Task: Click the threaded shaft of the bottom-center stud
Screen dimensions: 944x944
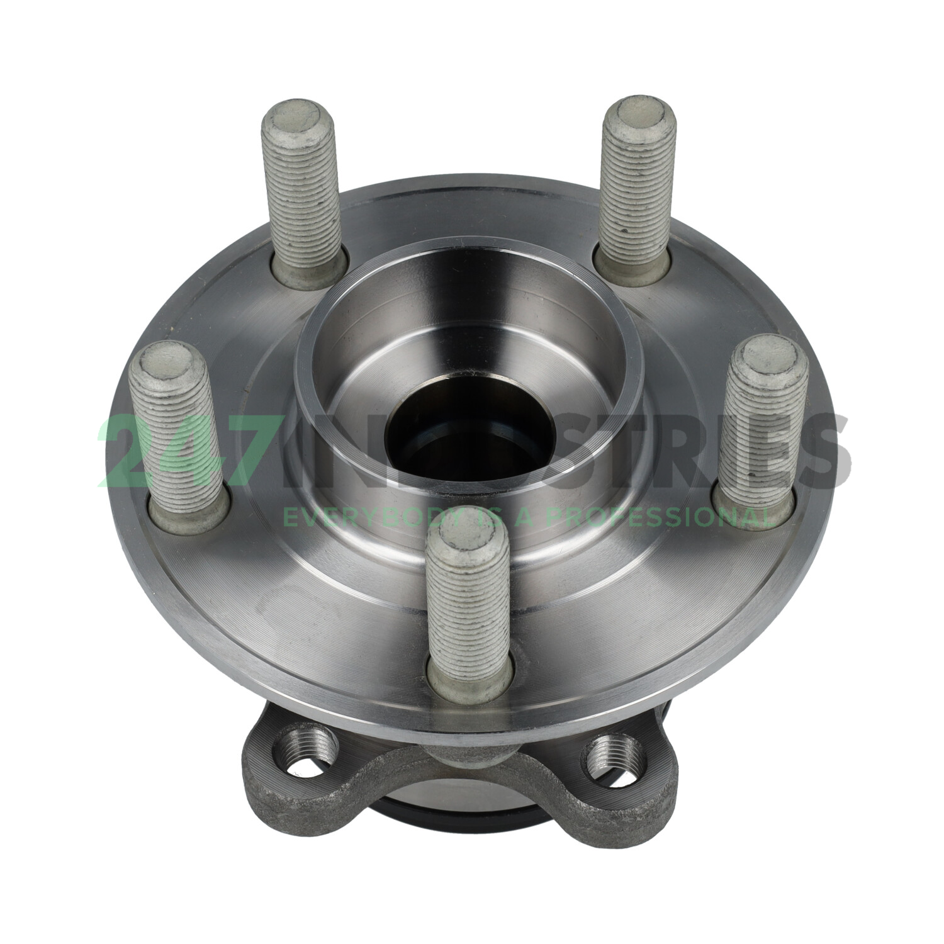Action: click(469, 604)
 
